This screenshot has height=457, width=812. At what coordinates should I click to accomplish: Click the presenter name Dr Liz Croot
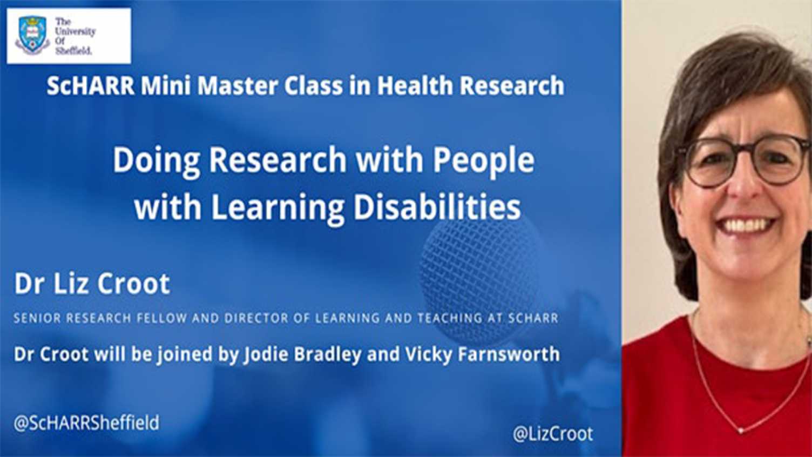tap(92, 284)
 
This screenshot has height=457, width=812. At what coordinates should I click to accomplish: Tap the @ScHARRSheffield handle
tap(86, 422)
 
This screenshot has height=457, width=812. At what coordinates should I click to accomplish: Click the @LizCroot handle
tap(552, 434)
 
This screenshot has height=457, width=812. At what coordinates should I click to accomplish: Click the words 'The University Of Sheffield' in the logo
tap(74, 36)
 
